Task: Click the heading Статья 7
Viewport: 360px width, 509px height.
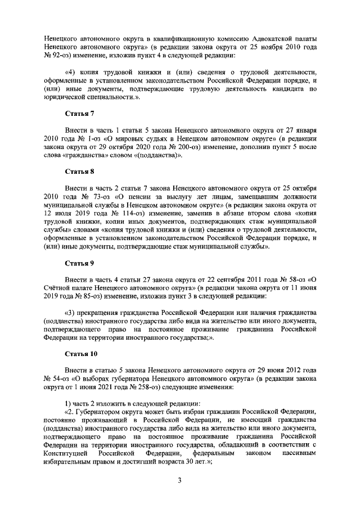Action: pos(79,114)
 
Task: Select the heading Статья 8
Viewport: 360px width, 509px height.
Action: pos(79,172)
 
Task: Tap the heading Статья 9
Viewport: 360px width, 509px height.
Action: pos(79,263)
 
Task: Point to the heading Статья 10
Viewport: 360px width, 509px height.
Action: pos(81,354)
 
